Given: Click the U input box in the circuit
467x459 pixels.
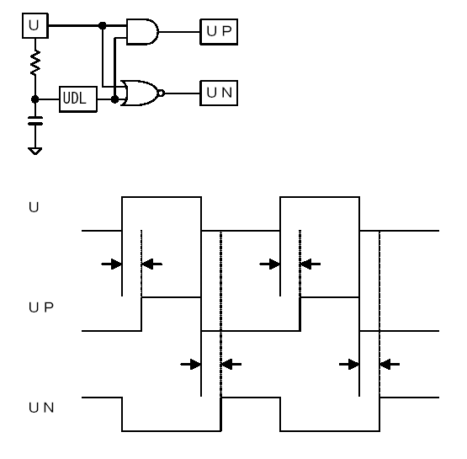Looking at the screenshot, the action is click(x=35, y=25).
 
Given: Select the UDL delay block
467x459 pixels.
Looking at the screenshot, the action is click(x=78, y=99).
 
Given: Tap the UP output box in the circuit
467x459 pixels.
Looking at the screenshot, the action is click(x=219, y=32).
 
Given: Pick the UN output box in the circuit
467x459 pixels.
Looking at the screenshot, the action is click(x=219, y=93).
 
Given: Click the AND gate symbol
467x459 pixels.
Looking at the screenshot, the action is click(x=142, y=32).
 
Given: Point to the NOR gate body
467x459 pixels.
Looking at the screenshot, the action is click(x=140, y=93).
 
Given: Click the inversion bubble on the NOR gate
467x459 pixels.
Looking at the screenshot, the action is click(x=161, y=93).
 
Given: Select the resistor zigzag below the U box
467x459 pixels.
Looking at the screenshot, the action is click(x=35, y=62).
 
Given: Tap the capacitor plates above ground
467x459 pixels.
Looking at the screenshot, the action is click(x=35, y=120).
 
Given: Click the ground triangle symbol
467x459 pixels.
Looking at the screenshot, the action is click(x=34, y=151).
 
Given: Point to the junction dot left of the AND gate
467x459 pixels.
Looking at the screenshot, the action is click(x=102, y=25).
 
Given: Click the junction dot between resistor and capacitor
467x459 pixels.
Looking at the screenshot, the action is click(x=35, y=99).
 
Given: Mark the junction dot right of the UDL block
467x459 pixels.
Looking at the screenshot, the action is click(x=114, y=99).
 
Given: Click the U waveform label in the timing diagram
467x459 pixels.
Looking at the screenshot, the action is click(x=34, y=207).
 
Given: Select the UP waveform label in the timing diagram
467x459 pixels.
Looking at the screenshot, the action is click(x=41, y=307).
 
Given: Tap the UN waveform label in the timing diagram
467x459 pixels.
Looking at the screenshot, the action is click(x=41, y=408).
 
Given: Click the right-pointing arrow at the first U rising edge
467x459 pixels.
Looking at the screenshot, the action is click(x=111, y=264).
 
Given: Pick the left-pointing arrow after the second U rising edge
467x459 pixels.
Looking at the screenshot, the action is click(x=310, y=264).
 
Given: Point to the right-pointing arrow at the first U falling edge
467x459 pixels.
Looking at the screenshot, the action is click(x=191, y=364).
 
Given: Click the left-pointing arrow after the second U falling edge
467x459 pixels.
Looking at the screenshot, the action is click(x=390, y=364).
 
